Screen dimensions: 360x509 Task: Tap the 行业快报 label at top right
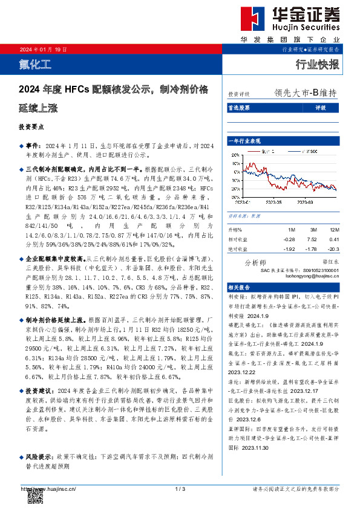[317, 64]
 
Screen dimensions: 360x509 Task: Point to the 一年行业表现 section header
[244, 140]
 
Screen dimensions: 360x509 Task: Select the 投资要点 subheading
[31, 128]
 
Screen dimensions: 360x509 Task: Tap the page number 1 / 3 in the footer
[179, 488]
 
